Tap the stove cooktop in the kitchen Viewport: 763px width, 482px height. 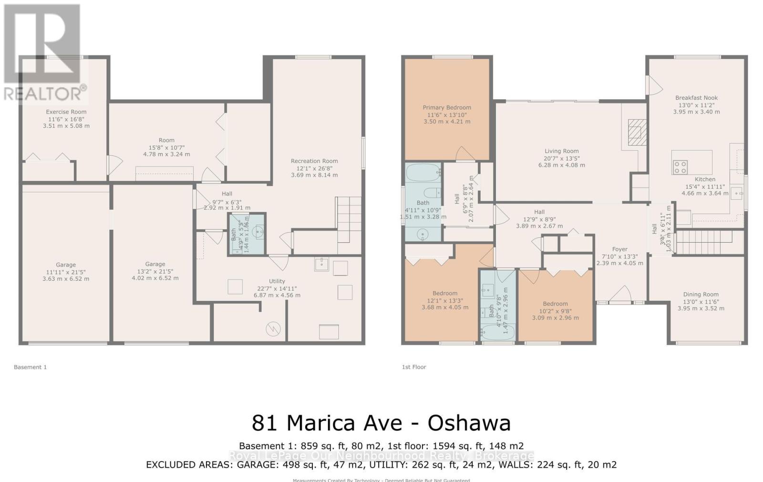(x=680, y=167)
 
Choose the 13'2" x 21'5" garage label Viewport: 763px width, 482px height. (x=155, y=271)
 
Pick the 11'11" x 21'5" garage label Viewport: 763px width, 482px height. (x=66, y=272)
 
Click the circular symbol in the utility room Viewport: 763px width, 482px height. (x=273, y=328)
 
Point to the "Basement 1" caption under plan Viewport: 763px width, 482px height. (x=30, y=367)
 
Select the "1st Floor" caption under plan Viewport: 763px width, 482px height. (x=413, y=367)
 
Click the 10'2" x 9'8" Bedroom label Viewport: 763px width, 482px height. (x=555, y=310)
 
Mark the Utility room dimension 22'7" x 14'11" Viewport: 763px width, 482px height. (x=277, y=288)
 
